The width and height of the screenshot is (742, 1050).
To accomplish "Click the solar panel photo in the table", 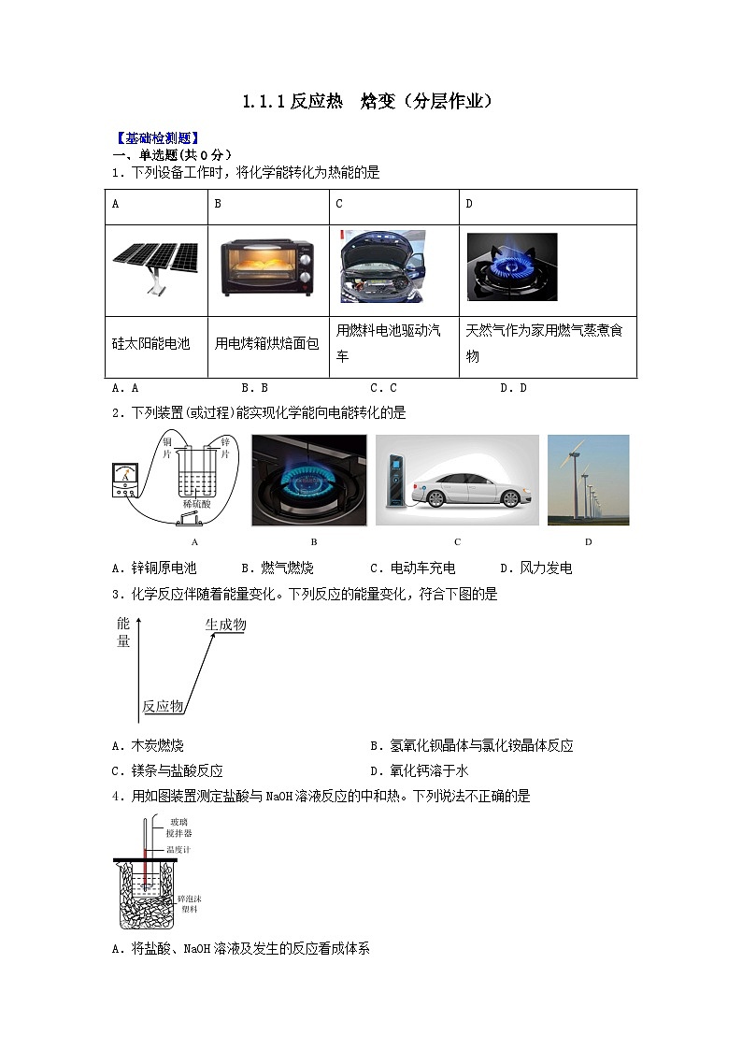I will click(156, 266).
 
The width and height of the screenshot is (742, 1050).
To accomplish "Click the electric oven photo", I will click(267, 267).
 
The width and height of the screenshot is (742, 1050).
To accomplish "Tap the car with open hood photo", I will click(381, 266).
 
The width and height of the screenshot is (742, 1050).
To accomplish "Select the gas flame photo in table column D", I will click(511, 266).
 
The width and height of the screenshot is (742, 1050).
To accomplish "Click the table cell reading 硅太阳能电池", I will click(150, 344).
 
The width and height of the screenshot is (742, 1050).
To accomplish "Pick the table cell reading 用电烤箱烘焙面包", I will click(267, 344).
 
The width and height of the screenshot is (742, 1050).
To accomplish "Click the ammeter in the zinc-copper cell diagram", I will click(125, 481).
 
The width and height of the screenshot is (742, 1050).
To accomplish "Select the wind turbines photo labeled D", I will click(588, 480).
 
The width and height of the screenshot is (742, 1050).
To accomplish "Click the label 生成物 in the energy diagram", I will click(225, 625).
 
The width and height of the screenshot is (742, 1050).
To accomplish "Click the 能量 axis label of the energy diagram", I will click(123, 633).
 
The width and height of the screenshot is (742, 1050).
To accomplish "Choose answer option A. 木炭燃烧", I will click(148, 745).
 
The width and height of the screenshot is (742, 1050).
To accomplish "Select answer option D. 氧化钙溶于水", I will click(419, 770).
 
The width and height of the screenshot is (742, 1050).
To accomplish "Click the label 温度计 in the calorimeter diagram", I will click(178, 849).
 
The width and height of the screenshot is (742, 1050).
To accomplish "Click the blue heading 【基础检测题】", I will click(156, 138).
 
